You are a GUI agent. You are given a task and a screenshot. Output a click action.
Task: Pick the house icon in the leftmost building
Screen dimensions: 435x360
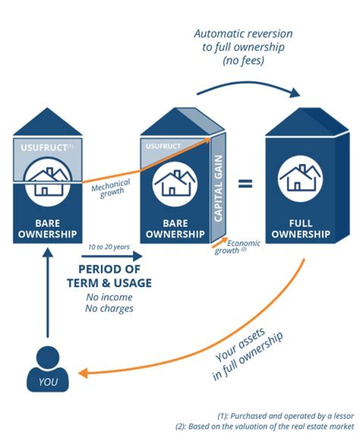[48, 180]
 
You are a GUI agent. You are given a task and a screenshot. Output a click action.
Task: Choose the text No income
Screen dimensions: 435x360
[108, 297]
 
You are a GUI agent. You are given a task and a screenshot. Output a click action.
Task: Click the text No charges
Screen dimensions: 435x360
[108, 308]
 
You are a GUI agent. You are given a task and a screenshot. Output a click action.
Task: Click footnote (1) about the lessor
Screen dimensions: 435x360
[285, 416]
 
